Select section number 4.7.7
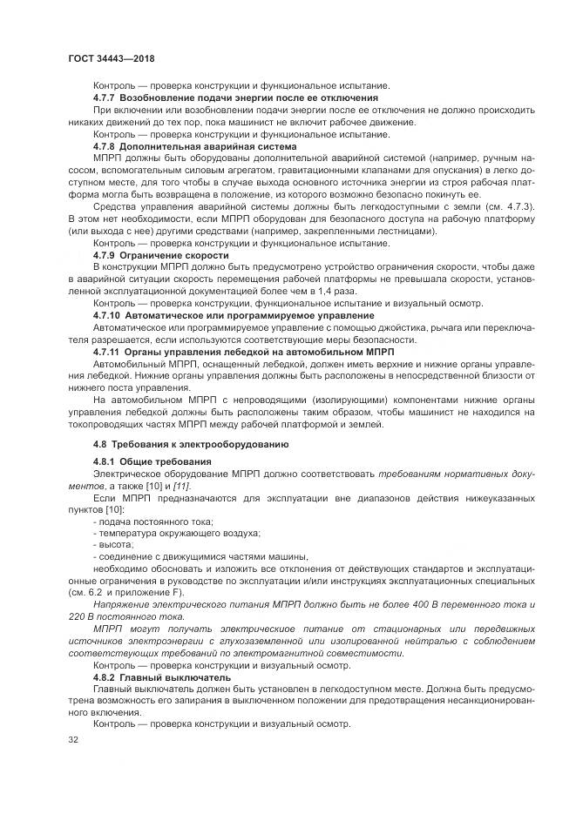click(x=106, y=98)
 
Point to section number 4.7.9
click(x=106, y=255)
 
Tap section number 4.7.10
click(x=109, y=315)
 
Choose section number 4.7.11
click(x=109, y=351)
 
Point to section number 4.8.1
click(x=106, y=461)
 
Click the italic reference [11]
click(x=183, y=484)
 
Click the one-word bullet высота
click(x=114, y=544)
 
